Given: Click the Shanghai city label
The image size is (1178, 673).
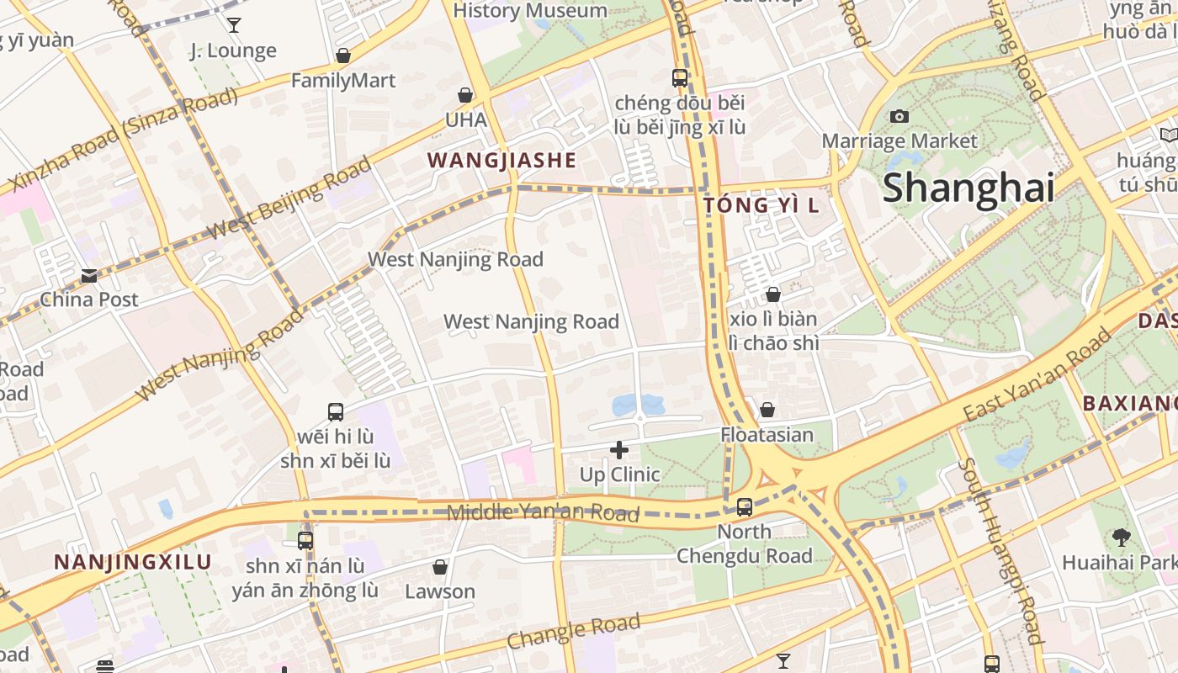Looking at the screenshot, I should pyautogui.click(x=968, y=187).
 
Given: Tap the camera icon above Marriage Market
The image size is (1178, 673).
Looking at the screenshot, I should pyautogui.click(x=899, y=116).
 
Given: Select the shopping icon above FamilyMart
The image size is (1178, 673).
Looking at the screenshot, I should pyautogui.click(x=343, y=56).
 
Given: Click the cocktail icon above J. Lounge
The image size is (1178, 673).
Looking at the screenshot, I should pyautogui.click(x=234, y=25).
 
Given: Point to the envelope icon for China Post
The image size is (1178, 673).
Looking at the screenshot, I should pyautogui.click(x=89, y=275).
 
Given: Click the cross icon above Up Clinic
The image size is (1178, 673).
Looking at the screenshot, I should pyautogui.click(x=619, y=450).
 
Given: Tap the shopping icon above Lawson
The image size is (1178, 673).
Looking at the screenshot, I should pyautogui.click(x=440, y=567).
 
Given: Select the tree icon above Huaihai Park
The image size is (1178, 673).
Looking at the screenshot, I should pyautogui.click(x=1121, y=537).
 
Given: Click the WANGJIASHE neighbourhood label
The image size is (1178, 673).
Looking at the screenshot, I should pyautogui.click(x=501, y=160).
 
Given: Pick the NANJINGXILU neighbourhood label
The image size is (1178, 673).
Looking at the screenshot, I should pyautogui.click(x=133, y=562).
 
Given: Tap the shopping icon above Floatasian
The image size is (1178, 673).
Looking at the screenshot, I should pyautogui.click(x=767, y=410).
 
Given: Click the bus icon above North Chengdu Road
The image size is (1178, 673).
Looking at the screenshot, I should pyautogui.click(x=745, y=506).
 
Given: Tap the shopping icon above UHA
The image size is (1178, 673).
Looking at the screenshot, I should pyautogui.click(x=465, y=95).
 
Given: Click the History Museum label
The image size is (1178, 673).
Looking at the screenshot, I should pyautogui.click(x=530, y=11).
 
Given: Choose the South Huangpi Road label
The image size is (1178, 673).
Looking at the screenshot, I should pyautogui.click(x=1000, y=551).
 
